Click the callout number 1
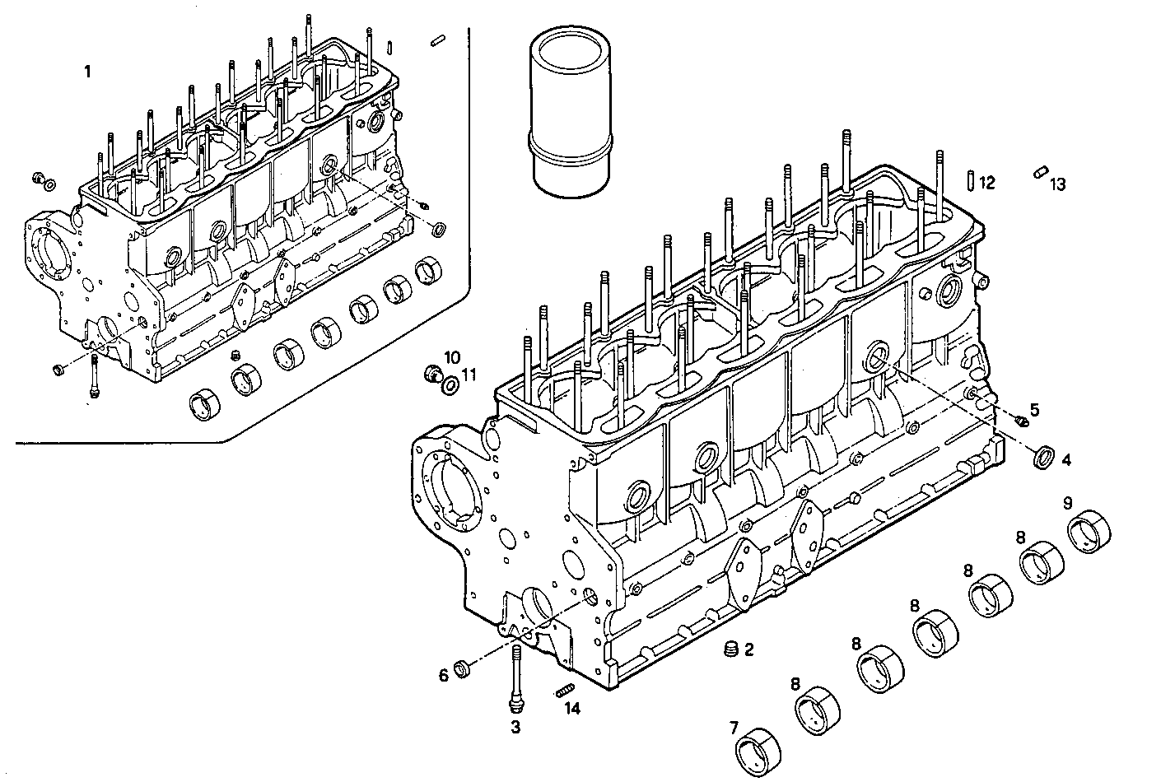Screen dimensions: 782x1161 87,72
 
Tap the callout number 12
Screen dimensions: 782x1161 987,182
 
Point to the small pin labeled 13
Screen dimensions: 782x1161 1040,172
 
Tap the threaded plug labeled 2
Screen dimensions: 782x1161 728,649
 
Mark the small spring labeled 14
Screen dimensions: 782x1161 564,690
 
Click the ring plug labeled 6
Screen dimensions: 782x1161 464,669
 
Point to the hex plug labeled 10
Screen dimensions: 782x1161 429,375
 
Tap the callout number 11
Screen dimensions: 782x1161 469,375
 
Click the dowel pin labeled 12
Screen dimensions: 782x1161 971,179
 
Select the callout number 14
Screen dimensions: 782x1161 571,709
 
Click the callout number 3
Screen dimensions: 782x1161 515,727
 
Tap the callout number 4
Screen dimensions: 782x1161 1065,460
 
